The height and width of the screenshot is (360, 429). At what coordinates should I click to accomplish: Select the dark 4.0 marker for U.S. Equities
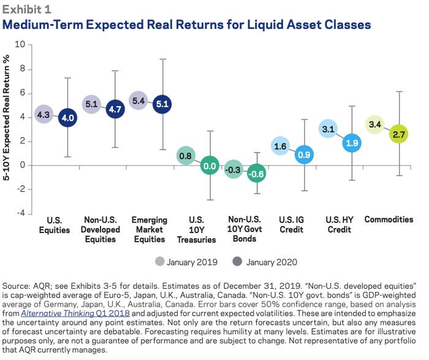click(x=67, y=118)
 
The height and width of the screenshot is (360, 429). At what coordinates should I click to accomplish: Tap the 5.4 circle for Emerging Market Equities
click(x=139, y=101)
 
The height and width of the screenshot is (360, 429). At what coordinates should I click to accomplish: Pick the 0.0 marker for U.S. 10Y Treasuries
click(x=210, y=166)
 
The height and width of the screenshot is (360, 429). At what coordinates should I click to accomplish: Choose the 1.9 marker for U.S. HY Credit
click(x=352, y=143)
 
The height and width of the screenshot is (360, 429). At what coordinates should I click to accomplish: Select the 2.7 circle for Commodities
click(x=399, y=133)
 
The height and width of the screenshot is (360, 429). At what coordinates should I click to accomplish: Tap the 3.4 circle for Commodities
click(x=376, y=125)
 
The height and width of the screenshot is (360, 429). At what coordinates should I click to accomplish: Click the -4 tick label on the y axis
click(x=20, y=213)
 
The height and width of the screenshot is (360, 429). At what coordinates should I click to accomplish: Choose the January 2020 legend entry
click(x=266, y=262)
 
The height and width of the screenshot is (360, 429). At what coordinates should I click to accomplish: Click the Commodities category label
click(x=389, y=219)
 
